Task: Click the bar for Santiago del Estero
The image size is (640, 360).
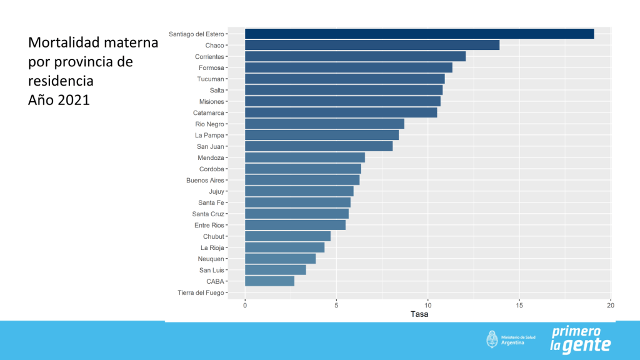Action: coord(419,34)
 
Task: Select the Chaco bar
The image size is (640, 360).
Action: coord(372,45)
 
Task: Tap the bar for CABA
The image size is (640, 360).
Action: coord(269,281)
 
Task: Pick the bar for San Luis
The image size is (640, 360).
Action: coord(275,270)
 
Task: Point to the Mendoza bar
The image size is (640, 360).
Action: coord(304,157)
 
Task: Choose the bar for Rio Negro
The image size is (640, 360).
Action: coord(324,124)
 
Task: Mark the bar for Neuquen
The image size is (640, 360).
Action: coord(280,259)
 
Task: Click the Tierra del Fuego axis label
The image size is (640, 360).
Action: coord(201,292)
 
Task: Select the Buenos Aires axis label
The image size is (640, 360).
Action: coord(205,180)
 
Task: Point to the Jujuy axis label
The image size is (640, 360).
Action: coord(216,191)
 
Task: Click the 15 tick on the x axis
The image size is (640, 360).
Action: coord(519,306)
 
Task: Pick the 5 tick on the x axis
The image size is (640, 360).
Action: coord(336,306)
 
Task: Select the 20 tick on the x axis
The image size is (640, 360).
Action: coord(611,306)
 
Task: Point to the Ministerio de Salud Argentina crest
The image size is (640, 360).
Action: coord(492,339)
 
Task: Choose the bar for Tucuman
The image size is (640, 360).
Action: coord(344,79)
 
